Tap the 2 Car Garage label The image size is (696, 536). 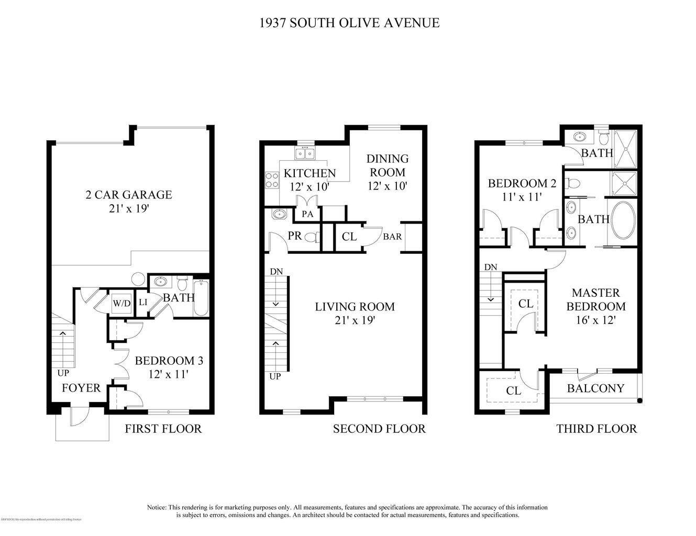tap(128, 195)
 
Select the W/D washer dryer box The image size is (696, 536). tap(122, 303)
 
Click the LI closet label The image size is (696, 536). tap(142, 302)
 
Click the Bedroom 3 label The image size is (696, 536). tap(169, 361)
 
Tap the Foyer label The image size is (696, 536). tap(81, 388)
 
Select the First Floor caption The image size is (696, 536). tap(163, 429)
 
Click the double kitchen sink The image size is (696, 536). tap(304, 153)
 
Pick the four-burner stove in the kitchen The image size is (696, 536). tap(272, 180)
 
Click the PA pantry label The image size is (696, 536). tap(307, 215)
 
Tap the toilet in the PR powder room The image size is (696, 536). tap(312, 238)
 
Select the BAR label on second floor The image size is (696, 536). tap(392, 237)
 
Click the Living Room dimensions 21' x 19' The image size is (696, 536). tap(355, 320)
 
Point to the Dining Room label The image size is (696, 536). tap(387, 165)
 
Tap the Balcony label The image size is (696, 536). tap(595, 388)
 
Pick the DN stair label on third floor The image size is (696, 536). tap(490, 267)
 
